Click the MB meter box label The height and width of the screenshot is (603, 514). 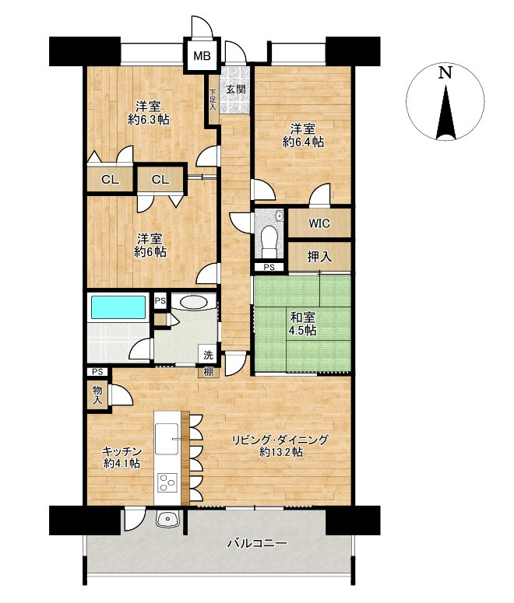pos(202,56)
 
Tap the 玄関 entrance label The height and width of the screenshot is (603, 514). pos(235,89)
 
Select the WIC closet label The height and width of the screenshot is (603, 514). pos(319,223)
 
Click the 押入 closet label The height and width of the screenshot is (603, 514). pos(319,257)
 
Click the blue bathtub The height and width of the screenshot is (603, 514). pos(118,307)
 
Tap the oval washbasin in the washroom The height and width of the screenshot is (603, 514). pos(193,302)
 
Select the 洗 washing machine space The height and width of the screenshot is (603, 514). pos(208,355)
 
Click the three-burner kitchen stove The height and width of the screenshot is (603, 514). pos(167,482)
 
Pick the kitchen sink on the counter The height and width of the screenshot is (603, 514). pos(167,438)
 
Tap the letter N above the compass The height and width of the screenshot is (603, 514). pos(445,72)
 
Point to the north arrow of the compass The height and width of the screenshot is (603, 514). pos(445,113)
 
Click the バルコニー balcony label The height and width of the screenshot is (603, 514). pos(257,543)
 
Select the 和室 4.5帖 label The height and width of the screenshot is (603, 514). pos(304,324)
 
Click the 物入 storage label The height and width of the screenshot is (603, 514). pos(97,395)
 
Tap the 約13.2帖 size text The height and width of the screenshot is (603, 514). pos(280,452)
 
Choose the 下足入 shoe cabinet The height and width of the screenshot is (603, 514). pos(213,100)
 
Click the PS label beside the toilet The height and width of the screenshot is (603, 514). pos(269,268)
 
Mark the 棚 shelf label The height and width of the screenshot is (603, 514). pos(208,372)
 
